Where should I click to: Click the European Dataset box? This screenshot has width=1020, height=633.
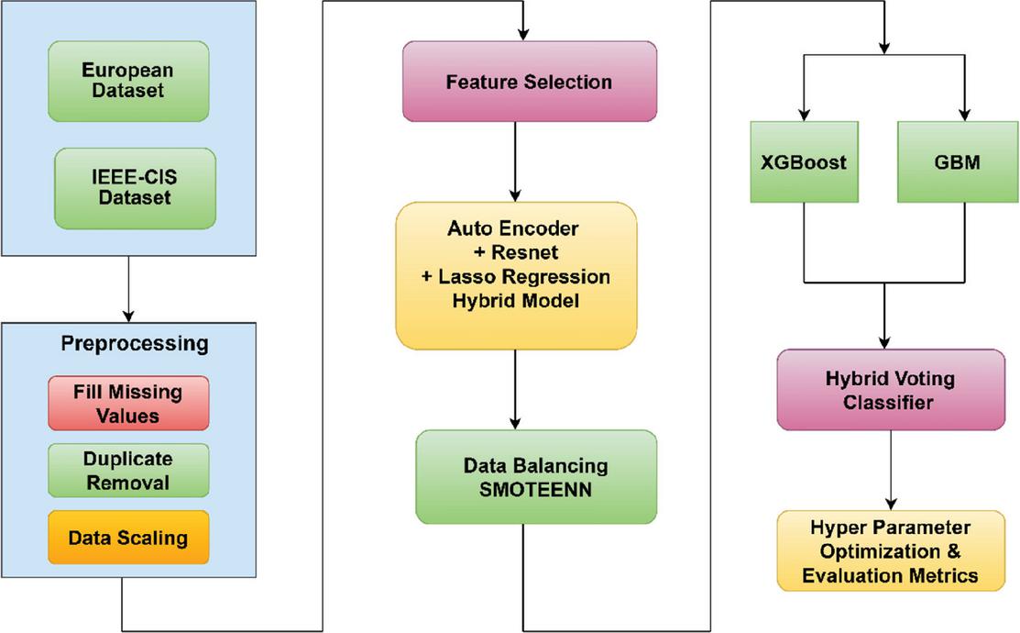pos(128,82)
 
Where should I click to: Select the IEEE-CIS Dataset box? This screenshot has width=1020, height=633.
pos(135,188)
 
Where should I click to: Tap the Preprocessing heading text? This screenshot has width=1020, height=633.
pos(135,344)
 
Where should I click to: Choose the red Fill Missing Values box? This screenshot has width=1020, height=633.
pos(128,403)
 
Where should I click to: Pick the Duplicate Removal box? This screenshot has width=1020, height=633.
pos(128,471)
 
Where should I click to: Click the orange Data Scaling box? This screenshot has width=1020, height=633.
pos(128,538)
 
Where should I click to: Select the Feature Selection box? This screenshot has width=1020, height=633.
pos(530,82)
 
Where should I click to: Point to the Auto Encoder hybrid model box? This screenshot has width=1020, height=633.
pos(516,275)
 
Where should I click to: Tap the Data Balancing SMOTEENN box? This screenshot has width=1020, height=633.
pos(536,477)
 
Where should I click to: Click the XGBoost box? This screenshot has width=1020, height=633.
pos(804,161)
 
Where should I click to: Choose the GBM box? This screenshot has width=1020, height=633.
pos(958,161)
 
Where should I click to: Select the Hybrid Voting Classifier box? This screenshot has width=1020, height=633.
pos(891,390)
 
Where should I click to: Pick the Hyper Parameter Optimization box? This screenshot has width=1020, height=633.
pos(891,551)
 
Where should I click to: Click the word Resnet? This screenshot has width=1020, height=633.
pos(524,252)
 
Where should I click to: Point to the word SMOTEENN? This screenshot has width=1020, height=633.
pos(535,489)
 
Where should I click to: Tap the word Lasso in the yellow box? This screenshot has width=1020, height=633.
pos(462,276)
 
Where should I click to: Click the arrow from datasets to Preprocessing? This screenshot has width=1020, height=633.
pos(128,289)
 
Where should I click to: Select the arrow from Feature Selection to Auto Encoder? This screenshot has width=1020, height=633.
pos(515,161)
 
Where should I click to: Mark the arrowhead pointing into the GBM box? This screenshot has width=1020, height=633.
pos(965,115)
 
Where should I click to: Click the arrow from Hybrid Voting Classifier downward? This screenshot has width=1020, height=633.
pos(891,471)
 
